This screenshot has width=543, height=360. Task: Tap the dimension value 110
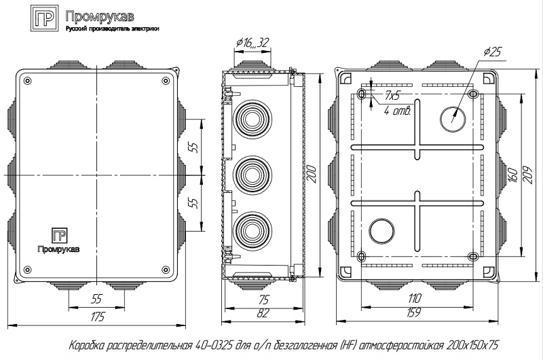(413, 298)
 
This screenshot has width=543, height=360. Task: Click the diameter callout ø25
(493, 52)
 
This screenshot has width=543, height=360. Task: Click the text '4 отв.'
(396, 111)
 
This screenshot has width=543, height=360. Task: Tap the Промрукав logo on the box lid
(60, 238)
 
